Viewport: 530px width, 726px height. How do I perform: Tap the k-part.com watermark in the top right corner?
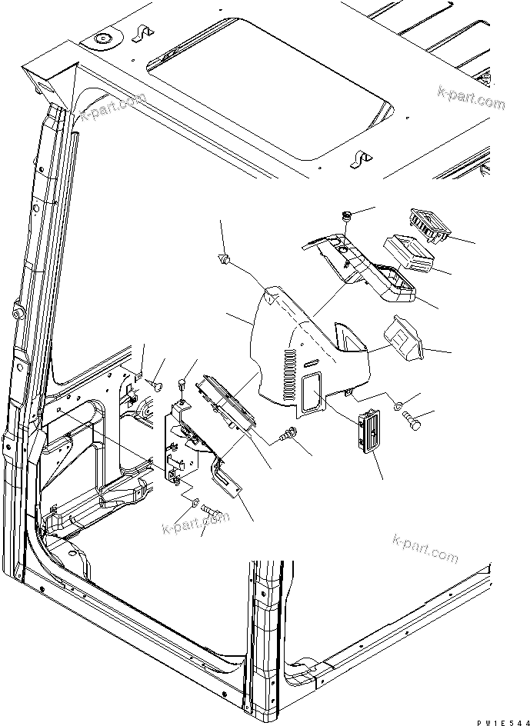point(471,98)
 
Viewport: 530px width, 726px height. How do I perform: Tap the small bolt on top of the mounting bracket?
point(182,382)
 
